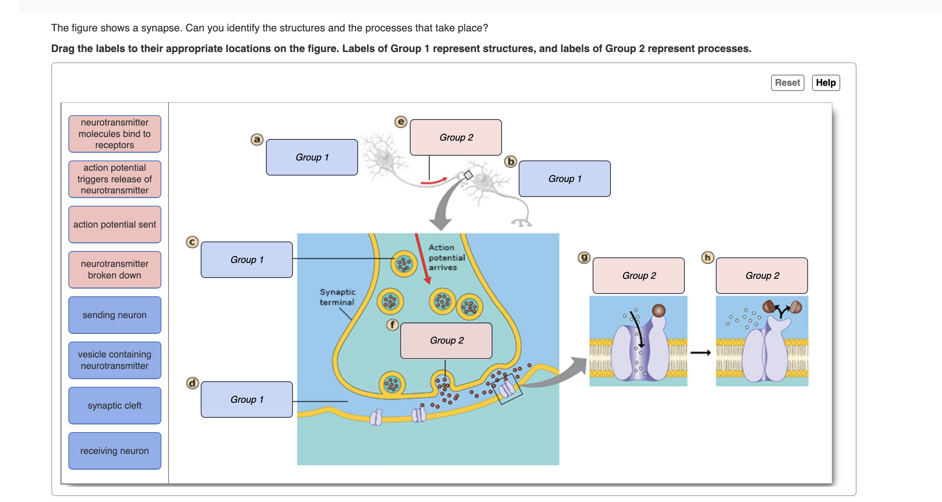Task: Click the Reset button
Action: pos(787,83)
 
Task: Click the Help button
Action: pos(826,83)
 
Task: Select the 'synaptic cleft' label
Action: pos(114,405)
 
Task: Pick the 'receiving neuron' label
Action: pos(114,451)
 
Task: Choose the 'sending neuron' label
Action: pos(114,315)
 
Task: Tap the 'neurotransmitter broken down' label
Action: pos(114,270)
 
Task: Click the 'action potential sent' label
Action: pos(114,224)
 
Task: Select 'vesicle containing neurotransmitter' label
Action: pos(114,360)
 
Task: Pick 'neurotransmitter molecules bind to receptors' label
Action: pos(114,134)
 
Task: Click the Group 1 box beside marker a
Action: pos(312,157)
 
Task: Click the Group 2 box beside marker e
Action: pos(455,137)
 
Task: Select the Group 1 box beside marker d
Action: pos(246,400)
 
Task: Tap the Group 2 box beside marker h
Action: pos(762,276)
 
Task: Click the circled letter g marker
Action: pos(583,257)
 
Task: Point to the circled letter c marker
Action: pos(192,242)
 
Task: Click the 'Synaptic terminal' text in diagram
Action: pos(337,297)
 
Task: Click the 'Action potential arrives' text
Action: pos(446,257)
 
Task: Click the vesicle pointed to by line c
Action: pos(404,264)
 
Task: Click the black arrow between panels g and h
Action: pos(700,353)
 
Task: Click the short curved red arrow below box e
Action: pos(434,181)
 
